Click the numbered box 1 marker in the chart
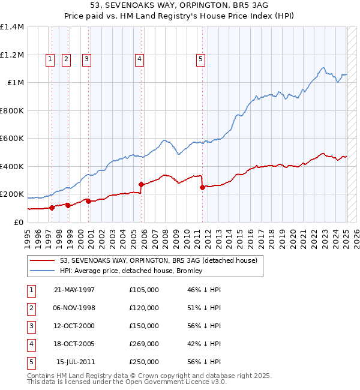[49, 59]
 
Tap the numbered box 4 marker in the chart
[139, 59]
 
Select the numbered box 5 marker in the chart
[200, 59]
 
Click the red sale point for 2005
[142, 185]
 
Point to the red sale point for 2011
[202, 187]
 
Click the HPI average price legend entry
[131, 271]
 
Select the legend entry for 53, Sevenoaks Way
[158, 260]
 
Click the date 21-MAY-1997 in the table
[74, 290]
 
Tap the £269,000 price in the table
[144, 344]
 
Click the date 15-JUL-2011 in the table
[76, 362]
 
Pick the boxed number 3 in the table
[31, 326]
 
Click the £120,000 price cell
[144, 308]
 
